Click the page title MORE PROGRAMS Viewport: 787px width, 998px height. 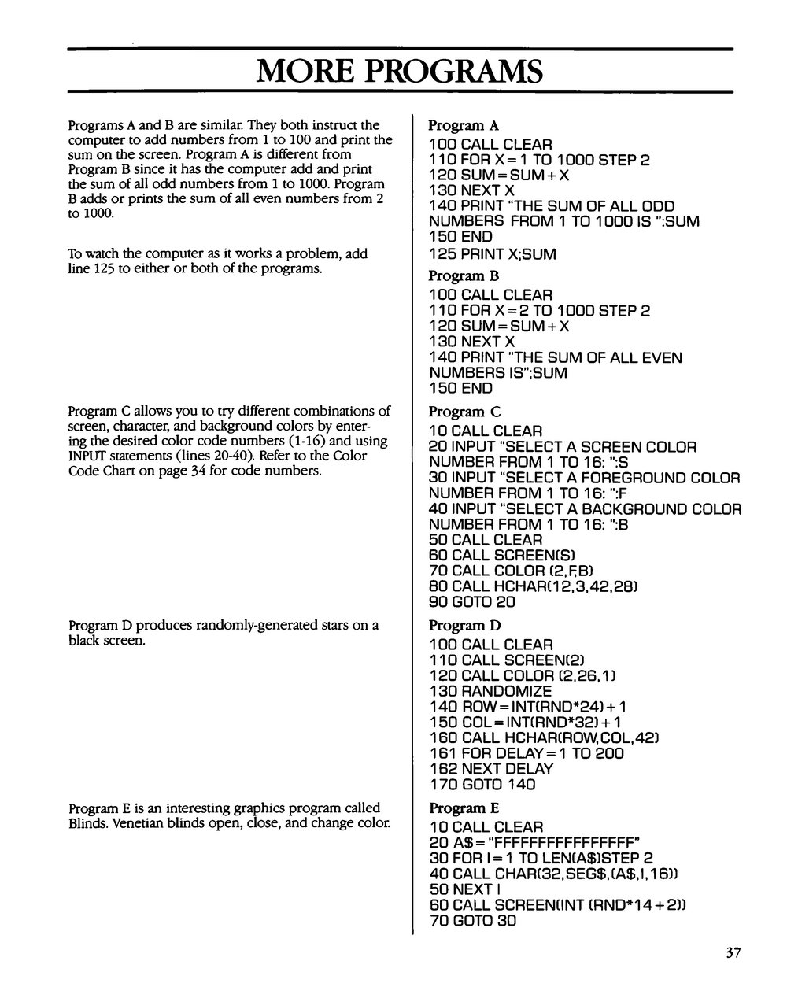[400, 72]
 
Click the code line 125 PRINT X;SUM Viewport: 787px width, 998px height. [493, 254]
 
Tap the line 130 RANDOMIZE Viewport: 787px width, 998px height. [491, 691]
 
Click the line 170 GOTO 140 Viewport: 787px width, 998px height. [482, 784]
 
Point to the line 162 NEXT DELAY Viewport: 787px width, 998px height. [492, 768]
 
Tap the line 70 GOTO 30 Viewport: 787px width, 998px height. [473, 919]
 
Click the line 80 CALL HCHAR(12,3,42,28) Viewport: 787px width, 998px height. [533, 586]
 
